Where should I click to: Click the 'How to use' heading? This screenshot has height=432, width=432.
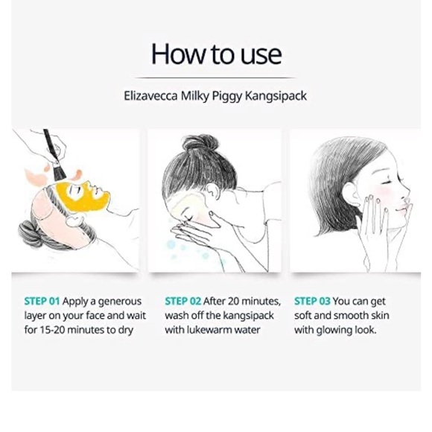click(x=216, y=54)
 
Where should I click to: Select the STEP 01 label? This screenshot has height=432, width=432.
click(x=42, y=302)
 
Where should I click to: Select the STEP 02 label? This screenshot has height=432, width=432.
click(x=182, y=302)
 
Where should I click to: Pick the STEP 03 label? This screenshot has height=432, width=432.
click(x=312, y=302)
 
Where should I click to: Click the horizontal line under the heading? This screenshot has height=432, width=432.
click(x=215, y=77)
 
